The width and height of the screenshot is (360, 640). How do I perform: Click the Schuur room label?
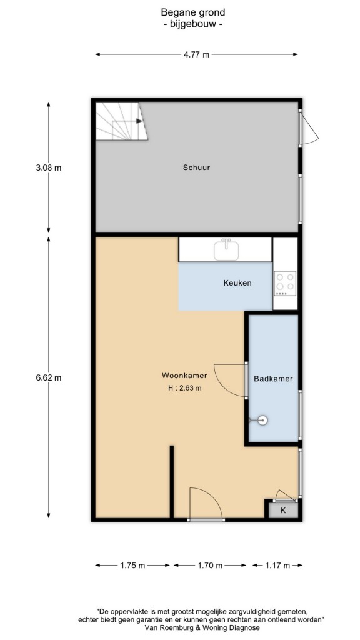pos(196,167)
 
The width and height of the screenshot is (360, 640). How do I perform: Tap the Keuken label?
pos(237,282)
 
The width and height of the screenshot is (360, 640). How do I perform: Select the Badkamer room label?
pos(273,378)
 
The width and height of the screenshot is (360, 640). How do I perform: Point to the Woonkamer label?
pos(184,376)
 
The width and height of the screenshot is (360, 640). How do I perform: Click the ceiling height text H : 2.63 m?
pos(184,388)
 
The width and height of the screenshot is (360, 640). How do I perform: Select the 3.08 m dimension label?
pos(49,167)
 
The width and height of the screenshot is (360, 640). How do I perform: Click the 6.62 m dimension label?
pos(49,377)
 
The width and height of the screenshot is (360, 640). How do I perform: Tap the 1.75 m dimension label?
pos(132,565)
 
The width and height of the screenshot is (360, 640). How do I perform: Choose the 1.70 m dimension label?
pos(210,565)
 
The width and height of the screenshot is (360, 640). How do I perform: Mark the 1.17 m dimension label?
pos(277,565)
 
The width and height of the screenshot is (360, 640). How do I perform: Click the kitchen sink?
pos(226,250)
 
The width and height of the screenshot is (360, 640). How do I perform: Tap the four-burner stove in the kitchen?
pos(285,283)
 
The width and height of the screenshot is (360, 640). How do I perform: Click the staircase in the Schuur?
pos(121,121)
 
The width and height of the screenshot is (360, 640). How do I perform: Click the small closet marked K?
pos(282,510)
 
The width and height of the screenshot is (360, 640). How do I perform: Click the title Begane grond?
pos(192,12)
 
